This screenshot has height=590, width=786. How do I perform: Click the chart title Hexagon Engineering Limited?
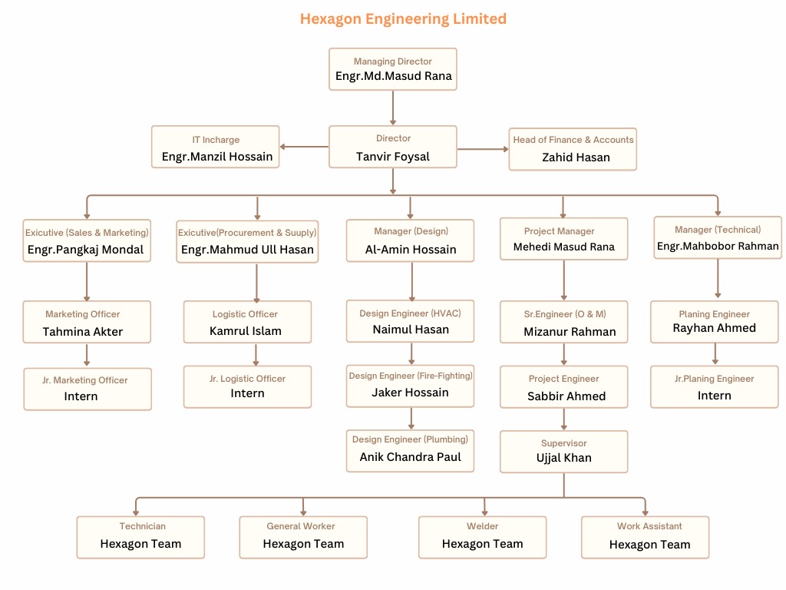403,18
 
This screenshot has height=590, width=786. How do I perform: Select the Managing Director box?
393,69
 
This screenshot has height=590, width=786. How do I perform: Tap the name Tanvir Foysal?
393,157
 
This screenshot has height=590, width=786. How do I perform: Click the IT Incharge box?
216,147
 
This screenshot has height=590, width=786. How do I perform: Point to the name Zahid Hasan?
576,157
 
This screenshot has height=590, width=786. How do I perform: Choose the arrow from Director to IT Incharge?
304,146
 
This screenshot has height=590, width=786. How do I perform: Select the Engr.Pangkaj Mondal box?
86,241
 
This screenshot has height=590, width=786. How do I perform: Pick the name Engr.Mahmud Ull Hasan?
247,250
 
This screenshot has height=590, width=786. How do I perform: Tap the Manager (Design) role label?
411,231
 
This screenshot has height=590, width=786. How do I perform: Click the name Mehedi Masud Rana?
564,247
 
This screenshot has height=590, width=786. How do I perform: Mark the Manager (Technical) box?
718,237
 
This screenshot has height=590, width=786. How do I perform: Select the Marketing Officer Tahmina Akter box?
86,323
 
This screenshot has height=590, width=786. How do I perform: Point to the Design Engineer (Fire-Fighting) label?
411,376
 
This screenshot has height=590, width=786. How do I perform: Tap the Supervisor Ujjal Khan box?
564,451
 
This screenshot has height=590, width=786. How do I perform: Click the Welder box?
483,536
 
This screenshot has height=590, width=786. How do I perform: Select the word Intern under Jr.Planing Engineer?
715,396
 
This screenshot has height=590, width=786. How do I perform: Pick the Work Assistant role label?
649,526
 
